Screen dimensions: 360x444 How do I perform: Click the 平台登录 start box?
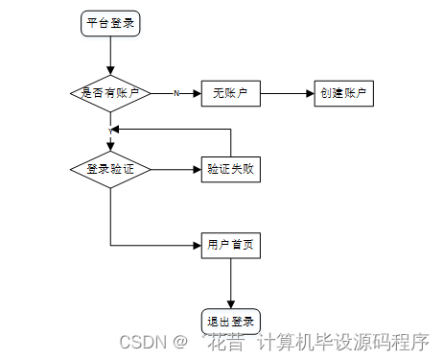click(110, 24)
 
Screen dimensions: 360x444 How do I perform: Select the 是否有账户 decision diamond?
click(110, 93)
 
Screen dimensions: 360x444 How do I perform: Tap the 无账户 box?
click(231, 93)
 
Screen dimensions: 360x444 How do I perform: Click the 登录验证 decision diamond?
click(110, 169)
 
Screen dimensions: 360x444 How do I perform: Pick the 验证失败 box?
click(231, 169)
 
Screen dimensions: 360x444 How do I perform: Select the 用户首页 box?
click(231, 246)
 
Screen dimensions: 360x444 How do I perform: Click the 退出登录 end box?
click(231, 321)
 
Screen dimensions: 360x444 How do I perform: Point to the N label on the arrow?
click(175, 93)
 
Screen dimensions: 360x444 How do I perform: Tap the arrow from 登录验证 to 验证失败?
click(173, 169)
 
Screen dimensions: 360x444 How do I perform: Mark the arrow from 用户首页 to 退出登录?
click(231, 283)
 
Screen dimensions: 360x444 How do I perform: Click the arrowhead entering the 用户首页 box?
click(196, 246)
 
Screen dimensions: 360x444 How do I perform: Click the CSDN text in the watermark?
click(140, 341)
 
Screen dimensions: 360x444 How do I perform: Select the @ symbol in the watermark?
click(178, 341)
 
